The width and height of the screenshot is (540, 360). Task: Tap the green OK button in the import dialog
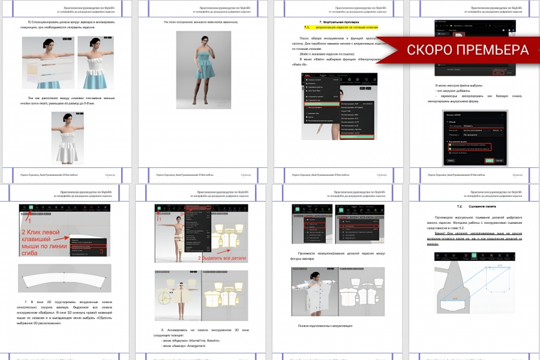pos(490,161)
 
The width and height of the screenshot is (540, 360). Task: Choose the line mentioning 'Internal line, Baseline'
pos(188,340)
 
